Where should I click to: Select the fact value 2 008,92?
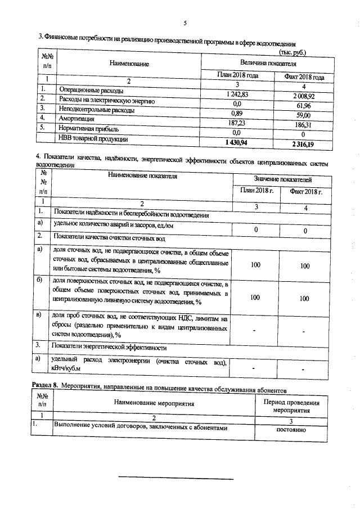click(304, 96)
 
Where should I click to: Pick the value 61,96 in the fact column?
click(304, 105)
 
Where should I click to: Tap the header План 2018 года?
click(237, 75)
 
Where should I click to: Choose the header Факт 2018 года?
click(304, 76)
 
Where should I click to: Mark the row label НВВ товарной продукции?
click(94, 138)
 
